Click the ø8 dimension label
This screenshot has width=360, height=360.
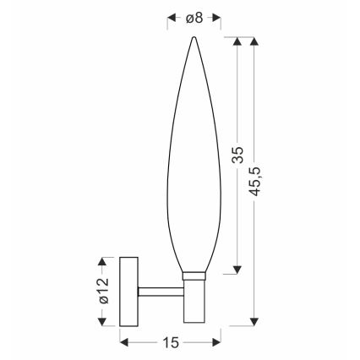(x=194, y=16)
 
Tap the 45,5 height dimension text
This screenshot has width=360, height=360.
(x=256, y=178)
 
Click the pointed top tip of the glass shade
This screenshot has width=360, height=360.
(x=194, y=38)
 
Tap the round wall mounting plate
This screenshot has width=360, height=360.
(x=129, y=291)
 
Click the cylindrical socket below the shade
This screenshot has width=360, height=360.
(x=194, y=300)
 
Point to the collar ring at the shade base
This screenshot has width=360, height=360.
(x=194, y=275)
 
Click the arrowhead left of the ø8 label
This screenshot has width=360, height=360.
(x=172, y=16)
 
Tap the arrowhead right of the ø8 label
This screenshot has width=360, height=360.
(x=216, y=16)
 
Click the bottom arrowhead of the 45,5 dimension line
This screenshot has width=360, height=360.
(x=255, y=320)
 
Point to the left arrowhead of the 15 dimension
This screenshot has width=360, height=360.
(x=125, y=341)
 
